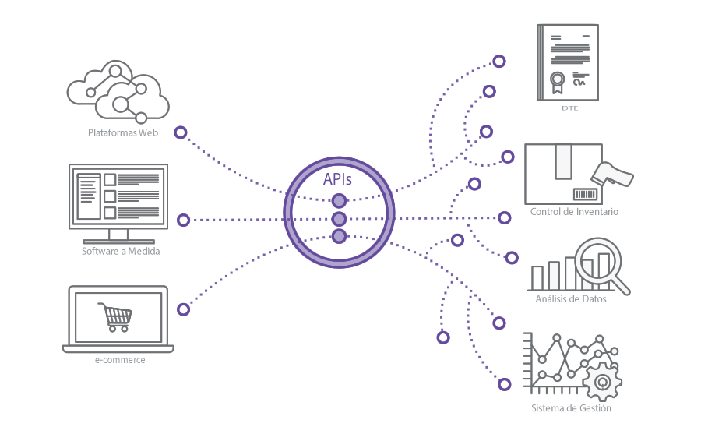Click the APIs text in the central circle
click(338, 179)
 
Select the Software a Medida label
click(121, 252)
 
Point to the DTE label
click(569, 108)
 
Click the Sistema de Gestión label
click(571, 408)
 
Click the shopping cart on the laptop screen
click(114, 316)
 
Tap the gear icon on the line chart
click(601, 381)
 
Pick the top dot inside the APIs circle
click(339, 201)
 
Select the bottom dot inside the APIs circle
click(339, 235)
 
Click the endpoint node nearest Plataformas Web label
click(181, 132)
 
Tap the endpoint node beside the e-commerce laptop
click(183, 309)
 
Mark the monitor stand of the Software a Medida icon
click(118, 235)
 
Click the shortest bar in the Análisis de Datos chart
click(537, 278)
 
